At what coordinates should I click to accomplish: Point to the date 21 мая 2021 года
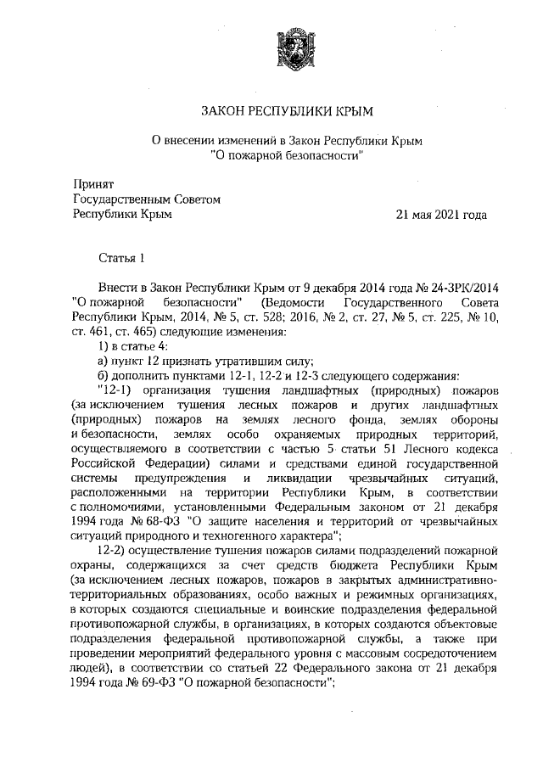pos(441,216)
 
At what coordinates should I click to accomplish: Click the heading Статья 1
pos(123,255)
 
